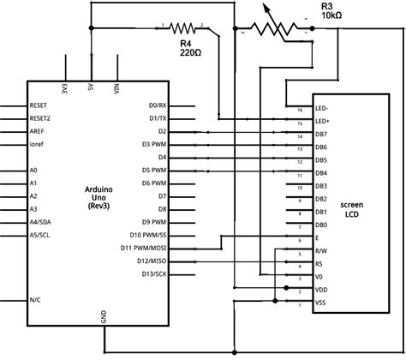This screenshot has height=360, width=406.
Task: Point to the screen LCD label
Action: click(x=352, y=212)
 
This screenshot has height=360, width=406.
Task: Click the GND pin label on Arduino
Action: click(x=104, y=315)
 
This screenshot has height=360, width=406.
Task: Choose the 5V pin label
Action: click(x=91, y=89)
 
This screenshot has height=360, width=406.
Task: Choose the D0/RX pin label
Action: click(x=158, y=105)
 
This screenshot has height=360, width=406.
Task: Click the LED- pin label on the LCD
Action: click(x=322, y=110)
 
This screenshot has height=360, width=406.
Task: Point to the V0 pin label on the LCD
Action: click(x=319, y=278)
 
